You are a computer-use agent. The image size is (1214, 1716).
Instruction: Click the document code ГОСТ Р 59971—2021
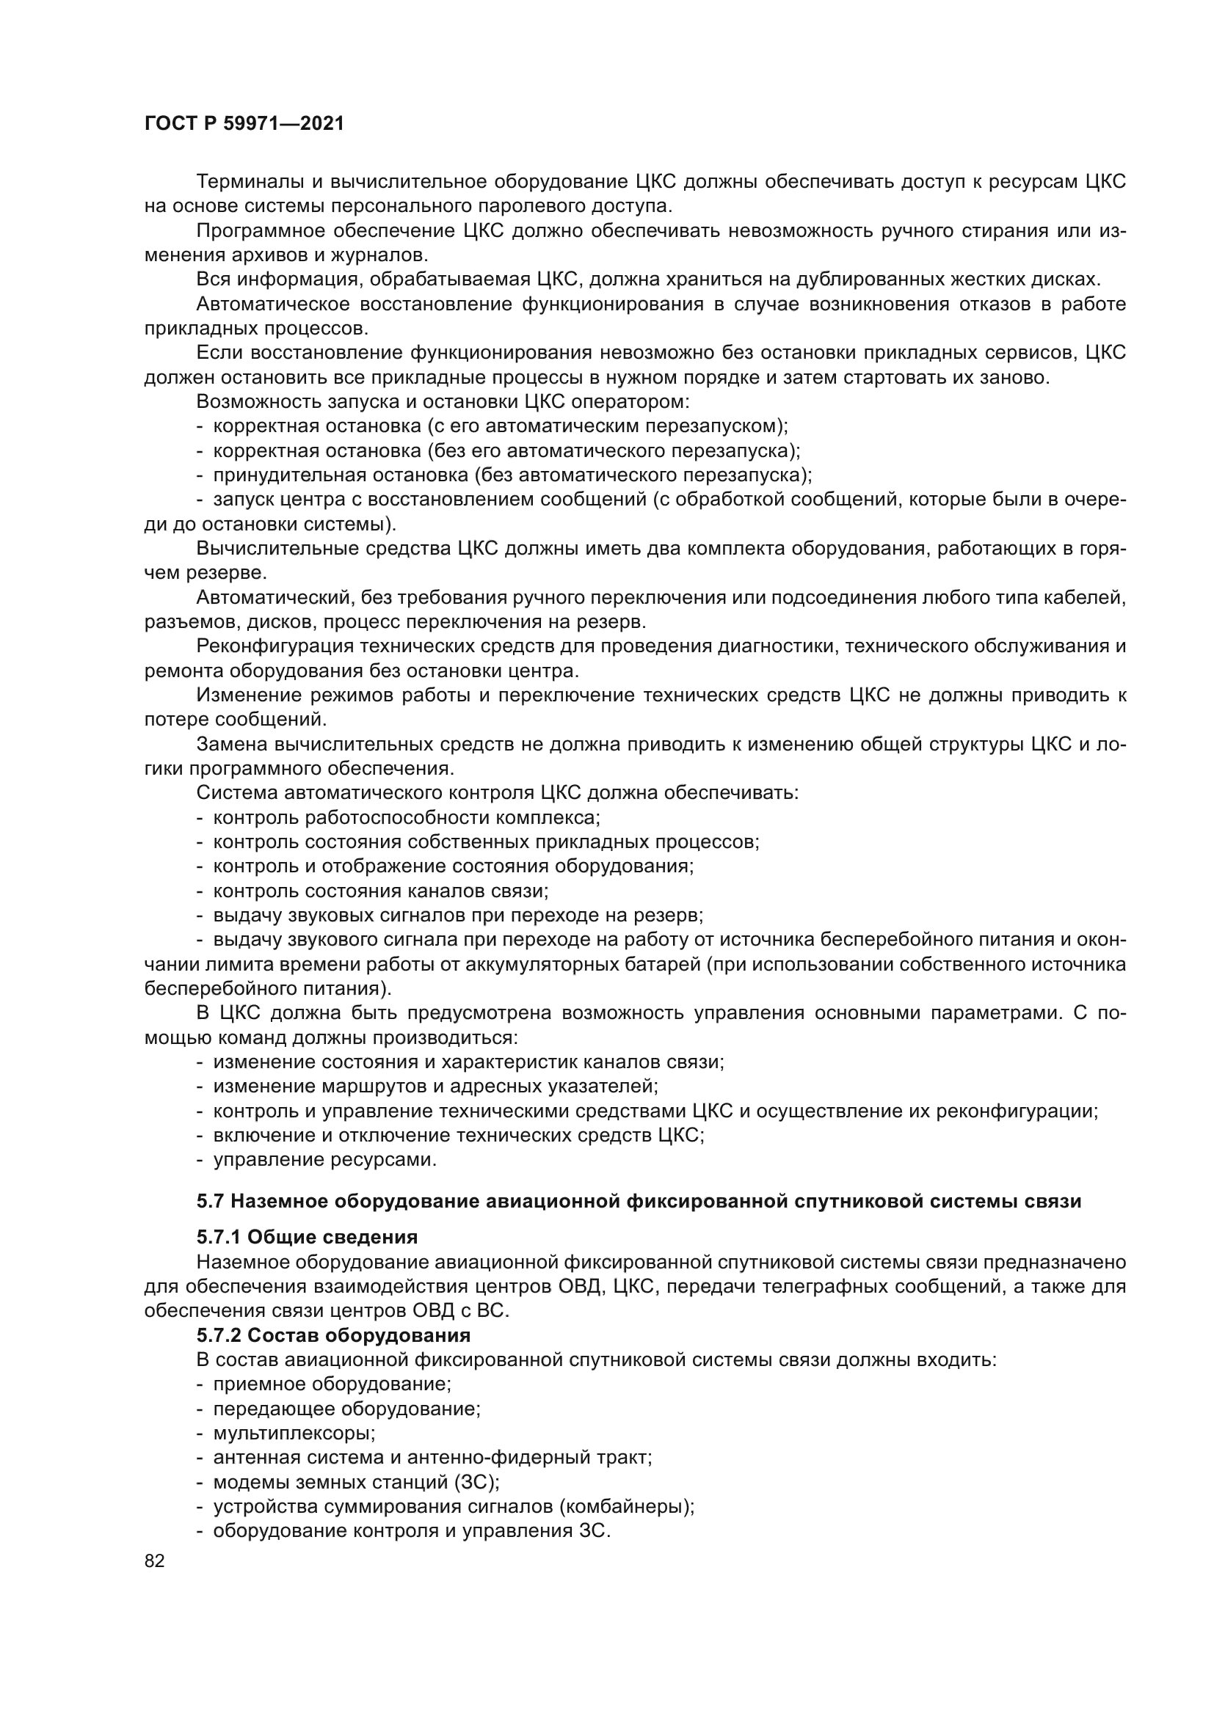(x=244, y=124)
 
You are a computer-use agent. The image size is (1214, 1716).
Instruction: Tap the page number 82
(x=155, y=1560)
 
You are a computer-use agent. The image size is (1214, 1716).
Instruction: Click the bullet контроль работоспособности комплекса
(x=406, y=817)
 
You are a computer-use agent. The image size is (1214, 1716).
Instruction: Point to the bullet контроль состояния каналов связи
(x=380, y=890)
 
